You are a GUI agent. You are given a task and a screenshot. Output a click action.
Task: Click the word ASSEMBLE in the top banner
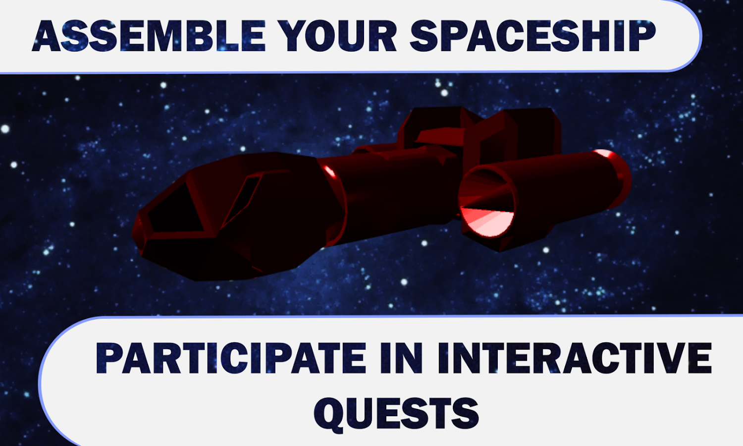149,36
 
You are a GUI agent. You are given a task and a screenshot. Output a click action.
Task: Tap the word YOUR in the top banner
337,36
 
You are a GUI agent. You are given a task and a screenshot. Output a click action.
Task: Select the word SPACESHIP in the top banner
532,36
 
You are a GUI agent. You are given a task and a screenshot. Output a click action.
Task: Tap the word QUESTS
396,413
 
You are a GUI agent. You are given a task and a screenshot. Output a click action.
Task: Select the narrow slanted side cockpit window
243,198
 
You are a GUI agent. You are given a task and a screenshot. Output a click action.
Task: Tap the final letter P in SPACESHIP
642,36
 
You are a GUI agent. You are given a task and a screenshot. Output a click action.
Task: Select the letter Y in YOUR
292,36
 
